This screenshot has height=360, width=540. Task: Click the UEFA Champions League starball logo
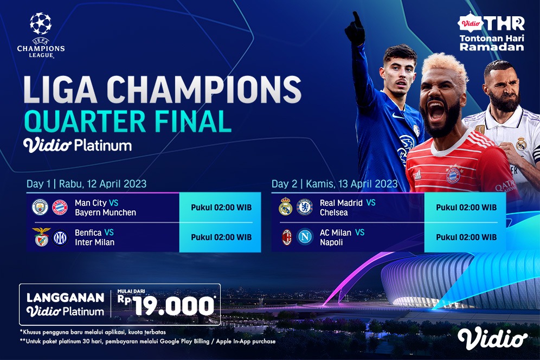[x=41, y=24]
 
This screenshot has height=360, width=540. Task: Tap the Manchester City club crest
[x=40, y=207]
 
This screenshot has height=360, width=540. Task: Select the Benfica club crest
[x=40, y=237]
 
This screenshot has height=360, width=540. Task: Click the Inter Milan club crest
[x=60, y=237]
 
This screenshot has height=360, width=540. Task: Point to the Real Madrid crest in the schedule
[x=285, y=207]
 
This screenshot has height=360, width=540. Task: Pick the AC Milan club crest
[x=286, y=237]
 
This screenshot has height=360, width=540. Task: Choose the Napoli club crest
[x=305, y=237]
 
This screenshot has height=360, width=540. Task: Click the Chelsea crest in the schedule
[x=305, y=207]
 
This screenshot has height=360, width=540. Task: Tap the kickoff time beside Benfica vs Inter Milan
[x=221, y=237]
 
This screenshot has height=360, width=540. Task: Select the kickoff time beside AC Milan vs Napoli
[x=466, y=237]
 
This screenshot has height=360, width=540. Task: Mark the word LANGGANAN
[x=65, y=298]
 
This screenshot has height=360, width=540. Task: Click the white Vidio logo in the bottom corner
[x=492, y=338]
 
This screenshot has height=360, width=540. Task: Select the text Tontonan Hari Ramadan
[x=492, y=42]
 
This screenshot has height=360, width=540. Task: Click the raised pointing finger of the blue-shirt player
[x=357, y=18]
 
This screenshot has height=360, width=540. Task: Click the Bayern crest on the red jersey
[x=453, y=175]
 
